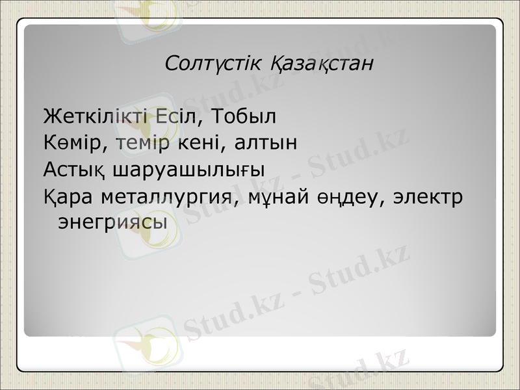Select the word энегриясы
[x=112, y=222]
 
